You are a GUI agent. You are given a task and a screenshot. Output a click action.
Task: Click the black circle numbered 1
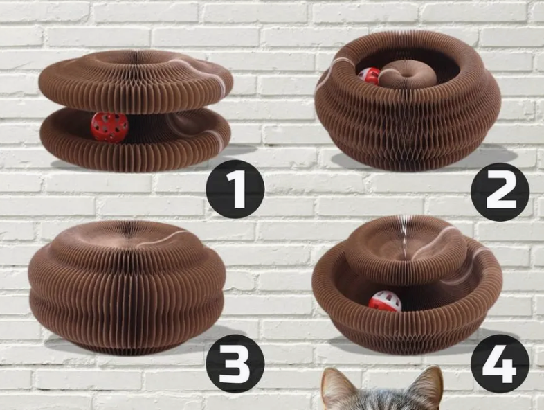[235, 189]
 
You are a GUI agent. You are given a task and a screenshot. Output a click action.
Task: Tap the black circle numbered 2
[500, 192]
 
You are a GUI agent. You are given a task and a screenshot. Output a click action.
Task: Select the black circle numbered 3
[235, 364]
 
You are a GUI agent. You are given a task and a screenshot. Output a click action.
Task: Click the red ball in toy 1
[109, 127]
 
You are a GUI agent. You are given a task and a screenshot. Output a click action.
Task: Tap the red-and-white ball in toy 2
[368, 76]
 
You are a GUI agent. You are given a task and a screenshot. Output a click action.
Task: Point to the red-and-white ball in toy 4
[384, 301]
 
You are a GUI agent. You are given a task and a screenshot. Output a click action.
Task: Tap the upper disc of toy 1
[135, 82]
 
